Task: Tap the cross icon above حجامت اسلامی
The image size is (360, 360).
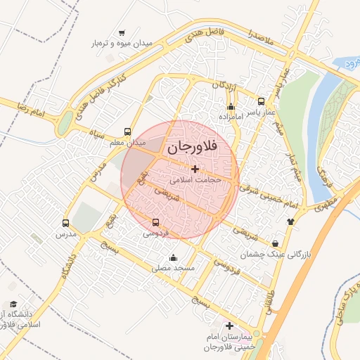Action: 195,169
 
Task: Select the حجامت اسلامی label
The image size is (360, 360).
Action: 195,180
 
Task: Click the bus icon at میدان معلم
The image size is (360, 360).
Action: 127,131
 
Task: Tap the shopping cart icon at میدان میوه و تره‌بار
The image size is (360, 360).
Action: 122,32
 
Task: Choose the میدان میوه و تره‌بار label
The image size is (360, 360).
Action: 122,44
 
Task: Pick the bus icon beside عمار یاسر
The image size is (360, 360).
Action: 262,101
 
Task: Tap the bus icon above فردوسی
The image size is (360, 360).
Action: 156,223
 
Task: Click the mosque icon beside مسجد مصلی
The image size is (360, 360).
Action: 173,257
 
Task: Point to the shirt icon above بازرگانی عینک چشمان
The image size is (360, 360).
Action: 290,221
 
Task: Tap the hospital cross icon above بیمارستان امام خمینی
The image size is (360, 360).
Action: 230,326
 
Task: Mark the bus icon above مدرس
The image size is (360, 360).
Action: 66,223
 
